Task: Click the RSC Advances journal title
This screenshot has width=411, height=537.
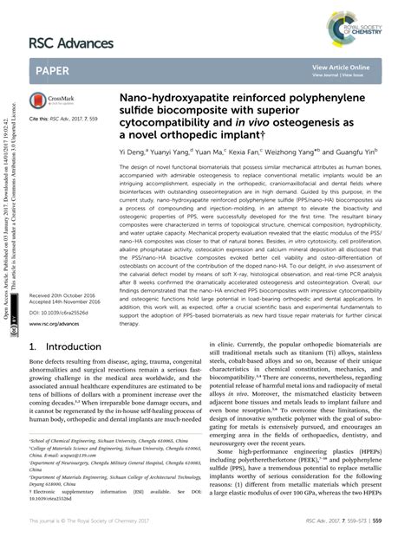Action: click(71, 42)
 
